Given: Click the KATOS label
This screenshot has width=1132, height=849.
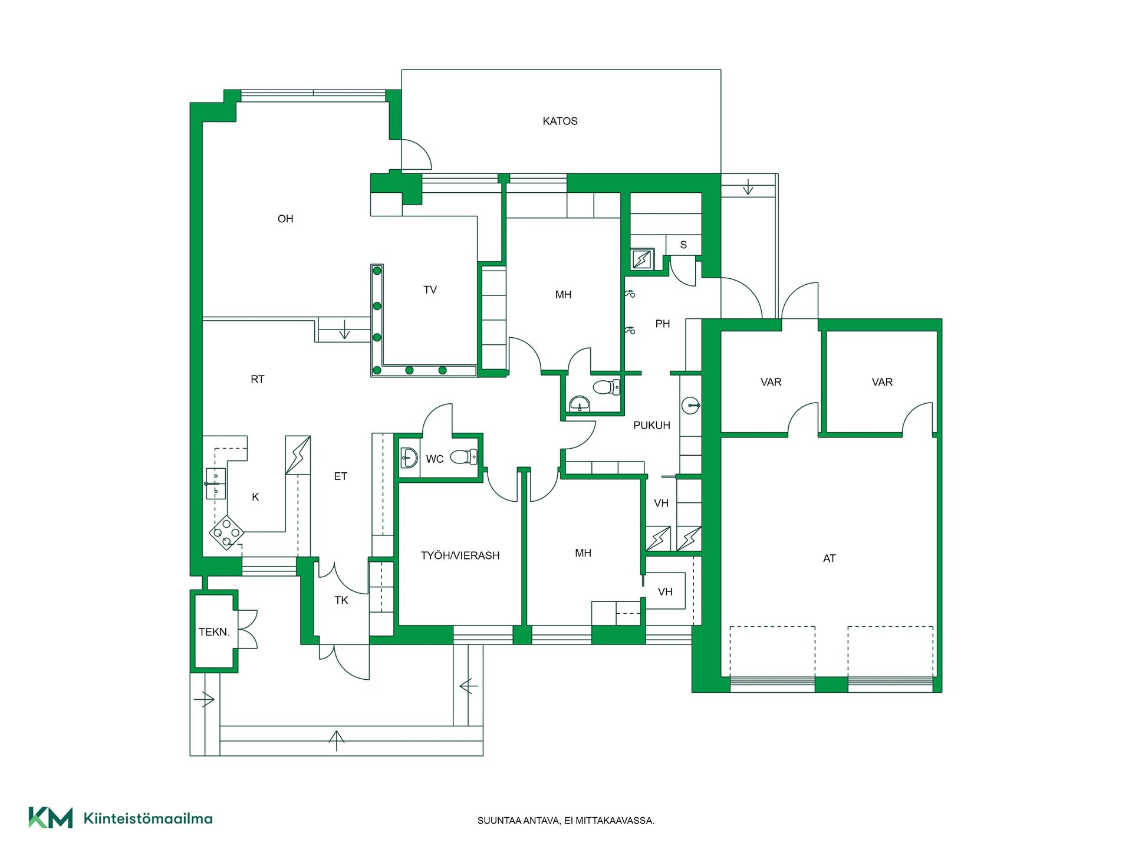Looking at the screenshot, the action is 560,121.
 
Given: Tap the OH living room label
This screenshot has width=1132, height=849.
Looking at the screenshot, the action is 285,219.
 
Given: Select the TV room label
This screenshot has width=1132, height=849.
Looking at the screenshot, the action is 430,290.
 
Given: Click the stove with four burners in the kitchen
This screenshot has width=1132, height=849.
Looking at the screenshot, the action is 226,532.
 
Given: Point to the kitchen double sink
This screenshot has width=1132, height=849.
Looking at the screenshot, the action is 216,483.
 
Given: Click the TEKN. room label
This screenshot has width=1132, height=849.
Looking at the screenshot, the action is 214,632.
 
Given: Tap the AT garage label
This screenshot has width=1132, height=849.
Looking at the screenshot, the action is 829,558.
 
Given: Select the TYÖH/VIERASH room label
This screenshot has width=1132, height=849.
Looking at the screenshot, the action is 460,555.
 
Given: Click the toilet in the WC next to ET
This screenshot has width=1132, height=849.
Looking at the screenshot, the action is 464,457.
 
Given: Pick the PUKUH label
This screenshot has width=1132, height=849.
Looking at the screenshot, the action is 651,425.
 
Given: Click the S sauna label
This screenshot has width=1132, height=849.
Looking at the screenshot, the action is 683,245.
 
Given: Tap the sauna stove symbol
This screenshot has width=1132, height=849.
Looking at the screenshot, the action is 641,259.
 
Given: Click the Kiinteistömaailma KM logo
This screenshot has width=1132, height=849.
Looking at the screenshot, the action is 120,818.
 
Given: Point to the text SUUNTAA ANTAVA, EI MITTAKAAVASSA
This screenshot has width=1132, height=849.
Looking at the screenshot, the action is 566,821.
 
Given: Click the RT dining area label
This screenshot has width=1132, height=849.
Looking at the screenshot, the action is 258,379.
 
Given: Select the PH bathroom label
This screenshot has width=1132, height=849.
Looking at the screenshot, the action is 663,324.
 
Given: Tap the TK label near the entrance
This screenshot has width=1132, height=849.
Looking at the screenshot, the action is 341,600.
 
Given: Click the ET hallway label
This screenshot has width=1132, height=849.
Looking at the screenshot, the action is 341,476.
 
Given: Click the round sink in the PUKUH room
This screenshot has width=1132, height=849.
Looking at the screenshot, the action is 690,406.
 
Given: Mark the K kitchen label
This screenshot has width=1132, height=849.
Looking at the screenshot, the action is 255,497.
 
